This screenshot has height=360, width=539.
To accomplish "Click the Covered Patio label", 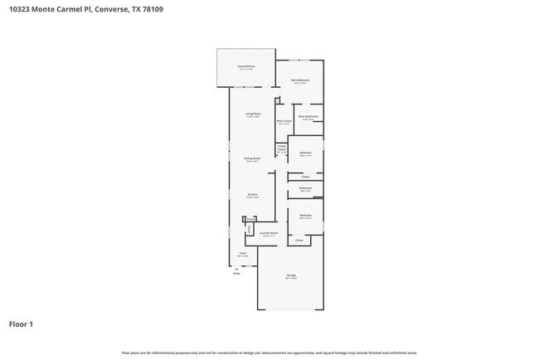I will point(246,66).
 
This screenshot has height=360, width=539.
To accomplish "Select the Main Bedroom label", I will point(299,80).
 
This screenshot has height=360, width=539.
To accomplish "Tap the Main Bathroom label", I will point(308,117).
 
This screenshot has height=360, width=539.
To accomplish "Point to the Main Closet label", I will point(284,121).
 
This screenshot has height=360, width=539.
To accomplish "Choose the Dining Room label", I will point(251,158).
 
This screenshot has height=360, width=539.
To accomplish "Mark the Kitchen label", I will point(252,195).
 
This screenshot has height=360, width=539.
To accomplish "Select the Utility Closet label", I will point(282,148).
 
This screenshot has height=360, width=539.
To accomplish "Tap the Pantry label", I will point(250,220).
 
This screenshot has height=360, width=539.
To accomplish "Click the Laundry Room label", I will point(268,234).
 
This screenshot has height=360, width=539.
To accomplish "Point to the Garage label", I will point(291,275).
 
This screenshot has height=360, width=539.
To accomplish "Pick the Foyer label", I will point(243,254).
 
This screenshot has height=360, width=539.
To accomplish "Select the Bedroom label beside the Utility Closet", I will point(305,153).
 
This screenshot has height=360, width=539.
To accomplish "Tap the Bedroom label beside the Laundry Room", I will point(305,216).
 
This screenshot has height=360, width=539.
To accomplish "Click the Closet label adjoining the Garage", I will point(299,240).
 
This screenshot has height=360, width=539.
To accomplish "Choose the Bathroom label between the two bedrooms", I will point(305,188).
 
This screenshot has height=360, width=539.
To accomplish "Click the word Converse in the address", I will point(108,10).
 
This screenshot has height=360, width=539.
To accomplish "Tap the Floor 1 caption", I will point(22,324).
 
